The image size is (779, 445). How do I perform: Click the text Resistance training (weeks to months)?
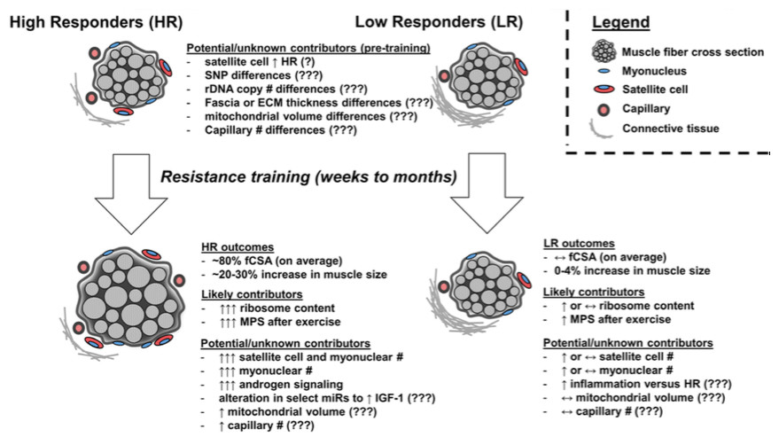point(308,177)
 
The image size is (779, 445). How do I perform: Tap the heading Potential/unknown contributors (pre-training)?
point(308,48)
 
